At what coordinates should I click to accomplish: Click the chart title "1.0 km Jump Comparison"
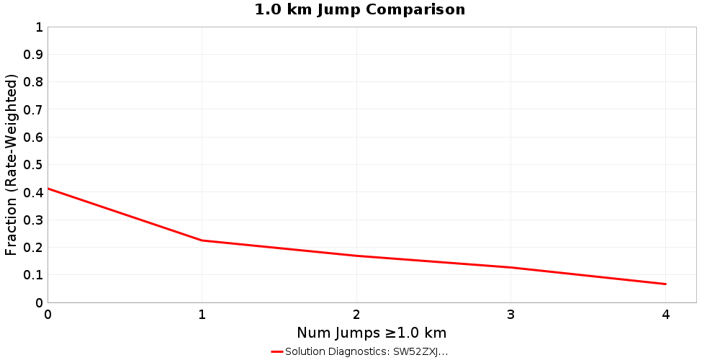pos(360,10)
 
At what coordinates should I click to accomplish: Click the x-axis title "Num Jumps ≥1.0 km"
pos(372,333)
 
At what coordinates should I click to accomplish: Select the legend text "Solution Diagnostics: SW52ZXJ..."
pos(366,351)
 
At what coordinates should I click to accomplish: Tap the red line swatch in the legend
pos(277,351)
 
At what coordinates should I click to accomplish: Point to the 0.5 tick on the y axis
pos(33,165)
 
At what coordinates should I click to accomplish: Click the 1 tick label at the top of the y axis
pos(39,27)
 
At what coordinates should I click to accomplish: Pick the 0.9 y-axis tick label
pos(33,55)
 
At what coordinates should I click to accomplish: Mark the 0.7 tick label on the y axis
pos(33,109)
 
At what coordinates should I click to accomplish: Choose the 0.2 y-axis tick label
pos(33,247)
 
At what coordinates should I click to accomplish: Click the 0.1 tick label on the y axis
pos(33,274)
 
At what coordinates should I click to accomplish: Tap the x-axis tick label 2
pos(356,314)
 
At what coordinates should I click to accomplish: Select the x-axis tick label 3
pos(511,314)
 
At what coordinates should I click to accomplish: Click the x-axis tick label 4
pos(665,314)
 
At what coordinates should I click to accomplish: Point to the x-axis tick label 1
pos(202,314)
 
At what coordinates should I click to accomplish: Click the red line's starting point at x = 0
pos(48,189)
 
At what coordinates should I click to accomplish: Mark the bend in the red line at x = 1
pos(202,240)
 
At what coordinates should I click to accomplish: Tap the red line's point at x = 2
pos(356,256)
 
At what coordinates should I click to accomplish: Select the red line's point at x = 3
pos(511,267)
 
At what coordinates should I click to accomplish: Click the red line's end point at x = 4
pos(665,284)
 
